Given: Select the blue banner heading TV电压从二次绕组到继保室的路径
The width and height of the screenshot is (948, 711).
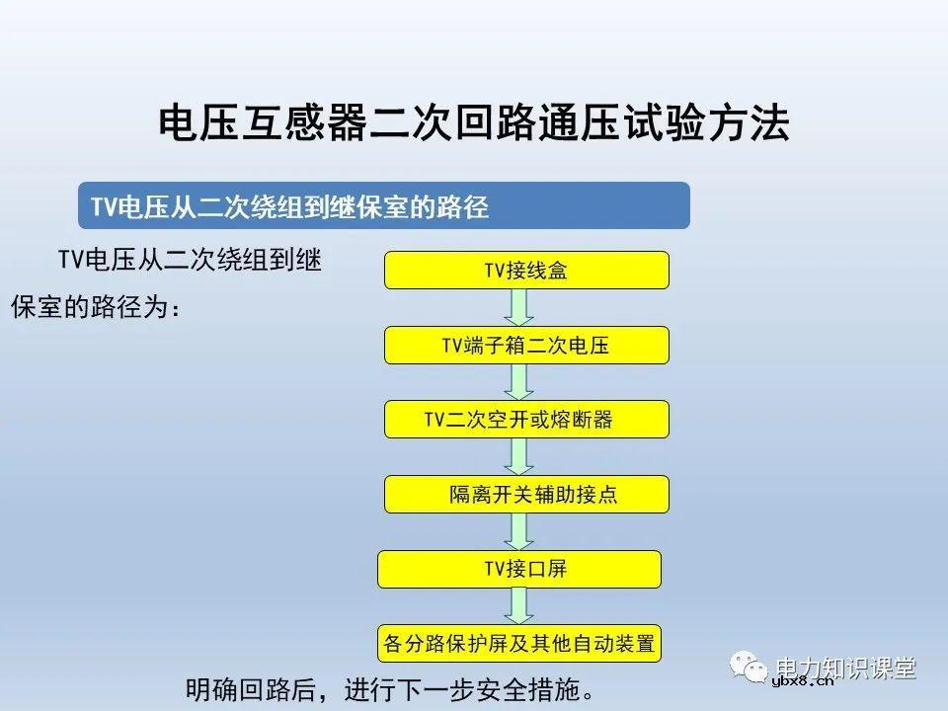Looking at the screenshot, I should [x=383, y=205].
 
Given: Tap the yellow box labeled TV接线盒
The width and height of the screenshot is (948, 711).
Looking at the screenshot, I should [x=526, y=270].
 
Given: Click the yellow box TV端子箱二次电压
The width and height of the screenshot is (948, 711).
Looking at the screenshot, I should [x=526, y=345].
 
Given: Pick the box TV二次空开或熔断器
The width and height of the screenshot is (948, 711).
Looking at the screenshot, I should [x=526, y=419].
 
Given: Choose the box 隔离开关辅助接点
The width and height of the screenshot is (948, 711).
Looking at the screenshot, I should [x=526, y=494].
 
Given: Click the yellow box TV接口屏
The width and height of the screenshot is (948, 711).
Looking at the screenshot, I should [x=519, y=569].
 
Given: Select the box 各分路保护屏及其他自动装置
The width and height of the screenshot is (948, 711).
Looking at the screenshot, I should [x=519, y=644].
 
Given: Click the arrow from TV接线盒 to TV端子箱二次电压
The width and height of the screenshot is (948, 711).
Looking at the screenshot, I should [x=519, y=307].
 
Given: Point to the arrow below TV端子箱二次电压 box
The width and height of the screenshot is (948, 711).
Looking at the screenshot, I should [x=519, y=382].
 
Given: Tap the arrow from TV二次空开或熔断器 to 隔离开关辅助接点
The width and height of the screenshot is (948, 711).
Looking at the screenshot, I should [x=519, y=456].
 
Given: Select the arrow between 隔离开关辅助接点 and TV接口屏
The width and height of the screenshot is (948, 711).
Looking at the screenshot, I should [x=519, y=531].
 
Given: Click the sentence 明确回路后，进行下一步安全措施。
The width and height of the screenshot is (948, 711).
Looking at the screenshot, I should [x=391, y=688].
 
